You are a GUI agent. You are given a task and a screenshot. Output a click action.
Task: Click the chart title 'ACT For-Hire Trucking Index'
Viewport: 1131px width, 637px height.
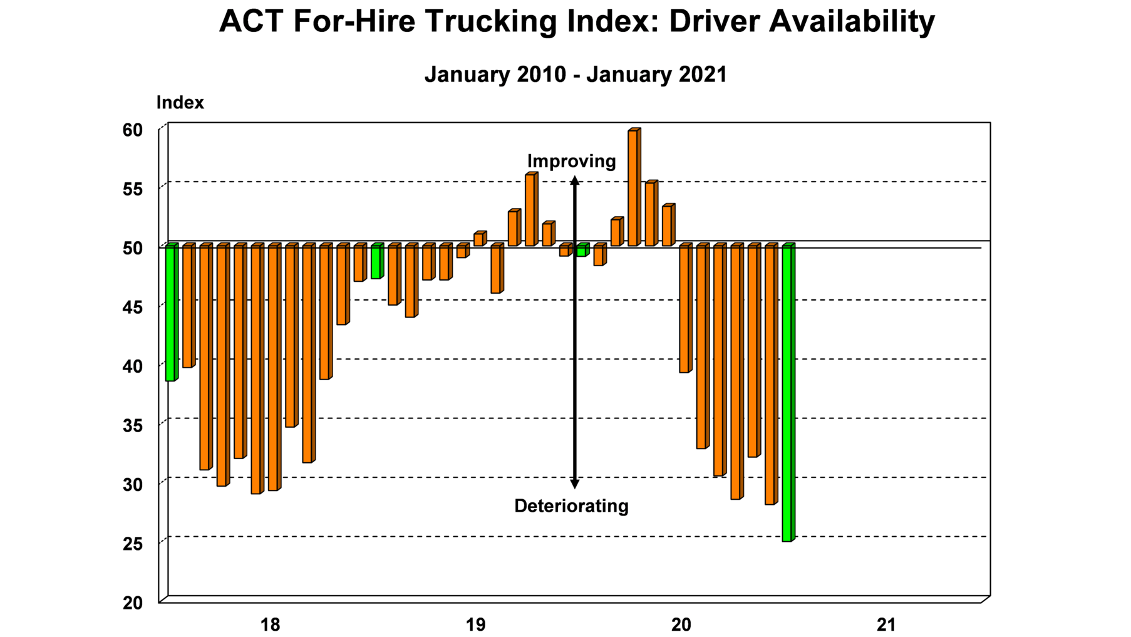point(576,22)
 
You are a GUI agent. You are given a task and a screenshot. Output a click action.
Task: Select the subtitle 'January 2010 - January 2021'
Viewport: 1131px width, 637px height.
point(575,75)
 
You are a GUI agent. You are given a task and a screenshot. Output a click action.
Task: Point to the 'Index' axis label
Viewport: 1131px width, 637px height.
point(180,103)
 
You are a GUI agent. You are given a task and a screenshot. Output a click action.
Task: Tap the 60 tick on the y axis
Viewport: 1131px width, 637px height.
point(133,130)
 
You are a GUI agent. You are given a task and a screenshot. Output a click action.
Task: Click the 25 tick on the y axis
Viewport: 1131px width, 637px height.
point(133,544)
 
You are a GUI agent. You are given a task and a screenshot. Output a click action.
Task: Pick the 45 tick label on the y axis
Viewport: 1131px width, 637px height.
point(133,308)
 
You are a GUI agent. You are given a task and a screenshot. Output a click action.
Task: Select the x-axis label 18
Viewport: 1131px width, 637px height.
point(270,624)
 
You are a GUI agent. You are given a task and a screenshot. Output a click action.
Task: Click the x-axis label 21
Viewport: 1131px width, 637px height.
point(886,624)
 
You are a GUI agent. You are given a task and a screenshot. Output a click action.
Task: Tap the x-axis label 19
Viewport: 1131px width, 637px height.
point(475,624)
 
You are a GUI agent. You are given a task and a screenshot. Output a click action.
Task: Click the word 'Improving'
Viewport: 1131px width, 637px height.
point(571,162)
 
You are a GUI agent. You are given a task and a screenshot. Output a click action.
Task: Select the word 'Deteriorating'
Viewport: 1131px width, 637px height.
point(571,506)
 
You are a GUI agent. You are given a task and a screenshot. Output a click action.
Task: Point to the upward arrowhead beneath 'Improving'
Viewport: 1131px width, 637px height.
point(574,181)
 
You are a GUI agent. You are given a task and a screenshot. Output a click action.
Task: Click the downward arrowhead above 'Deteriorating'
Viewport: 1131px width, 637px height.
point(574,484)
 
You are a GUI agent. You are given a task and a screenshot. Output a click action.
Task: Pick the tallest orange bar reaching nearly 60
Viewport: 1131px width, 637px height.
point(633,188)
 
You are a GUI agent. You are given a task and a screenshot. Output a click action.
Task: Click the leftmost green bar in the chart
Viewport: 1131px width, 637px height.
point(170,313)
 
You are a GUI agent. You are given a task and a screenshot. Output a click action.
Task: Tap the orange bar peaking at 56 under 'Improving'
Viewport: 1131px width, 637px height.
point(530,210)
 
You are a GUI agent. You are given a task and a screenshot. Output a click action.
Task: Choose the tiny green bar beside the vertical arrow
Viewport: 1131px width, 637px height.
point(582,251)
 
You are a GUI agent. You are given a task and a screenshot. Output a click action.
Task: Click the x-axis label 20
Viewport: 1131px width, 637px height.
point(681,624)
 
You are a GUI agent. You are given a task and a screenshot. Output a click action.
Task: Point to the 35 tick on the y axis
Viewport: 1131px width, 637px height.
point(133,426)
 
